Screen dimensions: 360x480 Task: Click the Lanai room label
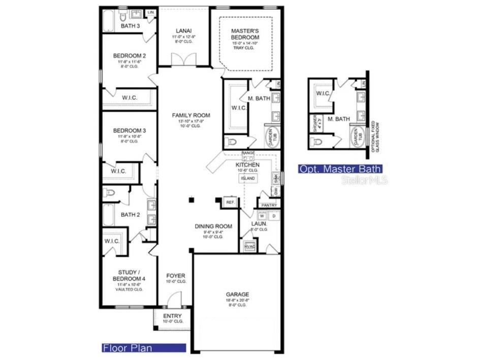click(184, 31)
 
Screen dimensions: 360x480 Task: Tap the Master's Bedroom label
click(245, 34)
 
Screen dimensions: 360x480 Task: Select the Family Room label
click(190, 115)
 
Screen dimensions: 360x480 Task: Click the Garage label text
click(237, 294)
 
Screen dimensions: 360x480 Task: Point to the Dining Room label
click(213, 226)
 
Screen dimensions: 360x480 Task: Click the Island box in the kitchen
click(247, 178)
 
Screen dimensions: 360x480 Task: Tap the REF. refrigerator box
click(230, 202)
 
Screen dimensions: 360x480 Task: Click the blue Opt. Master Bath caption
click(340, 169)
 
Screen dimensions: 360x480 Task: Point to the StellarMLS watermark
click(364, 180)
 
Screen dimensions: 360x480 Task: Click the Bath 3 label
click(130, 26)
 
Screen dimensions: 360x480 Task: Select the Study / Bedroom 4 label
click(129, 275)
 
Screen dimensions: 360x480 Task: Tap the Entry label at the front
click(172, 316)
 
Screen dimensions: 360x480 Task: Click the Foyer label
click(176, 276)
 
